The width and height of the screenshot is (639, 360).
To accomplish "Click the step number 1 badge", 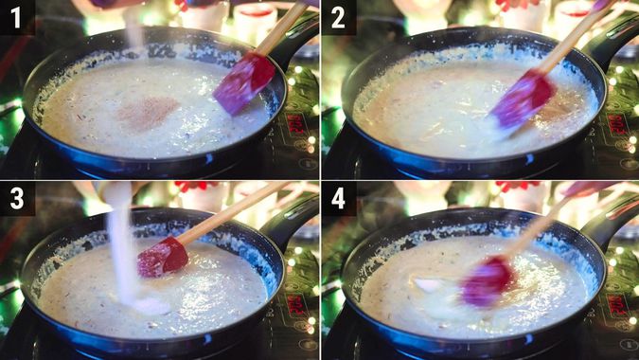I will tap(17, 17).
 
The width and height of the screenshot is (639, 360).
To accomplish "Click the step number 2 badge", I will tap(338, 17).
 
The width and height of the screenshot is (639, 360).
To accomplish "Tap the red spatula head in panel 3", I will tap(161, 257).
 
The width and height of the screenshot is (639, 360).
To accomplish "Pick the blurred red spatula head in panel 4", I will tap(486, 281).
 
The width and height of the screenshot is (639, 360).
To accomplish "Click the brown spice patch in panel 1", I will tap(147, 112).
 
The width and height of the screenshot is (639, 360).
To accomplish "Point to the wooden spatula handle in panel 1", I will tap(284, 28).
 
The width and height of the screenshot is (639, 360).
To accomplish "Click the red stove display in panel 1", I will tap(295, 123).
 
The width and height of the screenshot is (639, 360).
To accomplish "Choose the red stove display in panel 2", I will tap(616, 123).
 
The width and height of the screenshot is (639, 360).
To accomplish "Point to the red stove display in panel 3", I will tap(295, 303).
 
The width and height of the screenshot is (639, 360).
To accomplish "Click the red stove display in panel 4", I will tap(616, 303).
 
